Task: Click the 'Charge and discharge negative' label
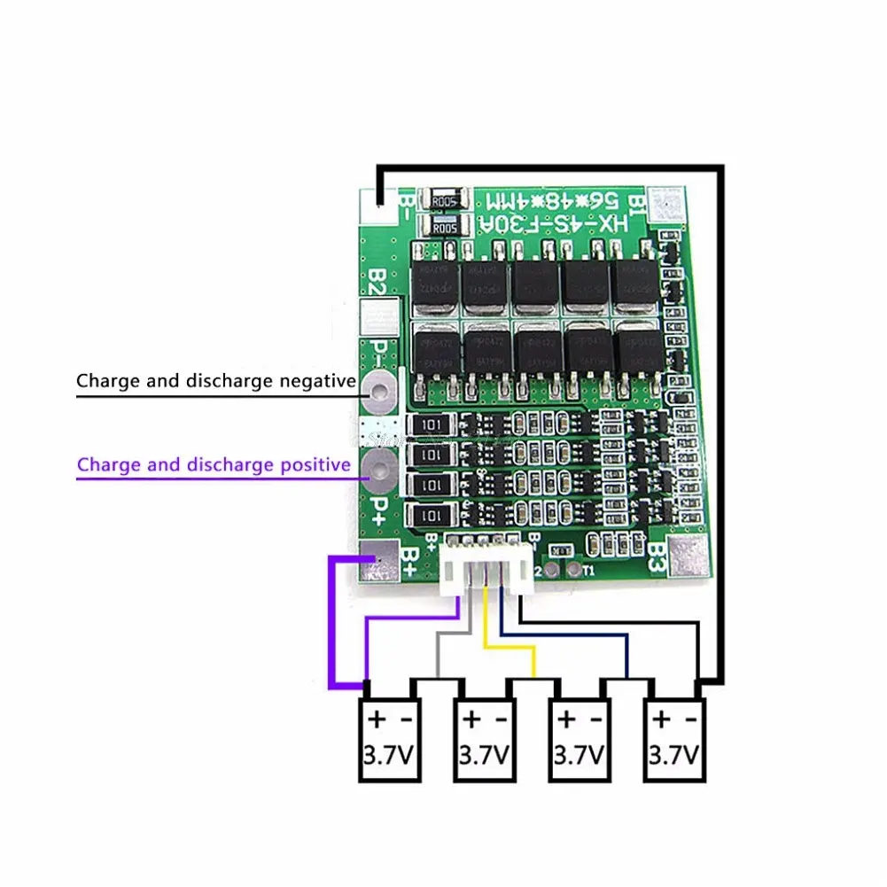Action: click(x=215, y=382)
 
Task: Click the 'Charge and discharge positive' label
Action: click(x=213, y=464)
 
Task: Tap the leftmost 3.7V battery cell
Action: click(x=389, y=739)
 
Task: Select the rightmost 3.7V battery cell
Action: click(x=674, y=739)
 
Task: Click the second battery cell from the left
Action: click(x=485, y=739)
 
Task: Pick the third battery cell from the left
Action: click(x=580, y=739)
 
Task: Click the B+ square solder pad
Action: click(x=382, y=564)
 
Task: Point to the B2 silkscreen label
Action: click(x=376, y=284)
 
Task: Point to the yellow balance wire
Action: click(x=508, y=653)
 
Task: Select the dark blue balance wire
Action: click(x=567, y=634)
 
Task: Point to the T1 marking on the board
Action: click(x=589, y=571)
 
